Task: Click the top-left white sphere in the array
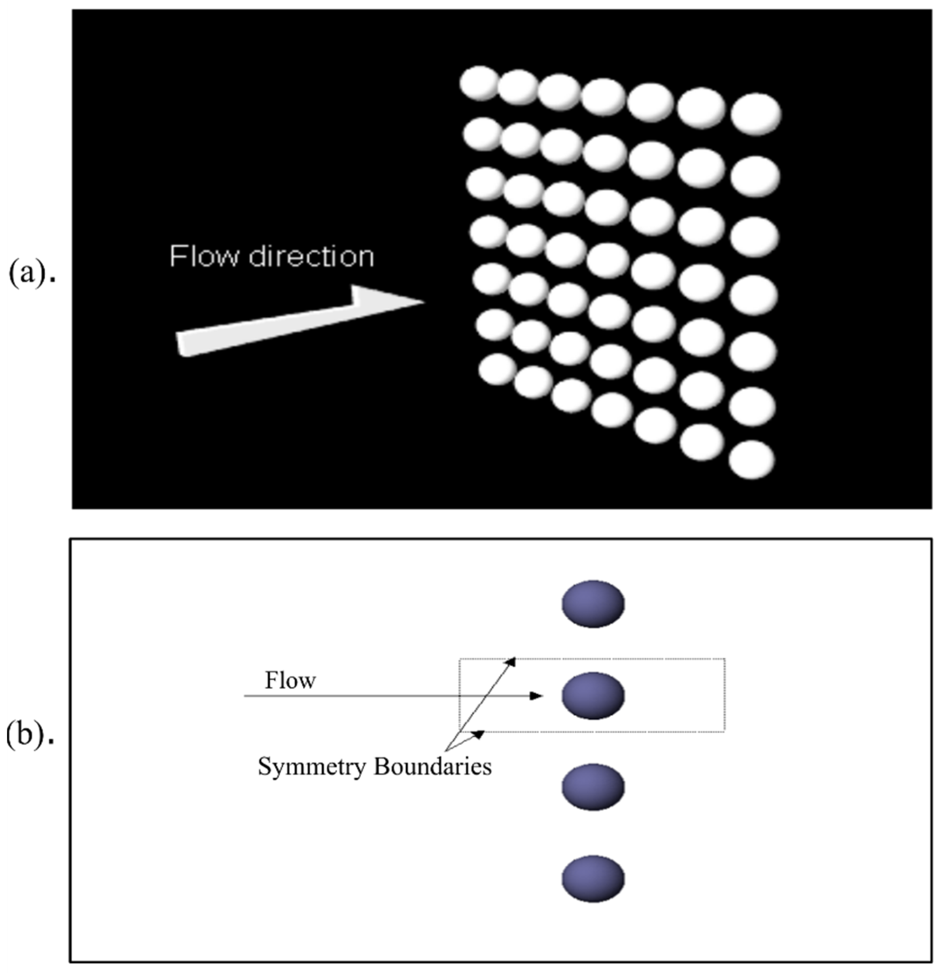[x=479, y=83]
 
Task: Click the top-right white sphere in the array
[x=755, y=114]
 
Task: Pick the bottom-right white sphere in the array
[x=752, y=459]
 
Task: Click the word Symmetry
[x=312, y=767]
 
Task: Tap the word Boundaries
[x=432, y=767]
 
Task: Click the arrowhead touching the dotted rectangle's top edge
[x=512, y=661]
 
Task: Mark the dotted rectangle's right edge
[x=724, y=695]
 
